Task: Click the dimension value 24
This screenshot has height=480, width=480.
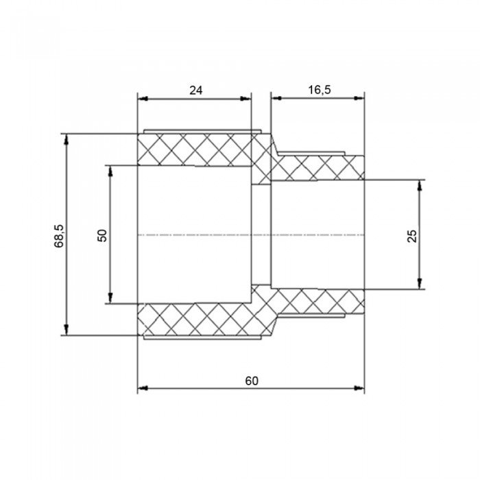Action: click(x=196, y=91)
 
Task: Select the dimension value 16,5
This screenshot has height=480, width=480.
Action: click(x=320, y=90)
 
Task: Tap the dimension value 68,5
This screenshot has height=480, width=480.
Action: click(x=59, y=235)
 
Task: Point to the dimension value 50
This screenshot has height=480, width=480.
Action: click(x=102, y=235)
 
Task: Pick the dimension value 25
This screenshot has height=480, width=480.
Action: click(x=412, y=236)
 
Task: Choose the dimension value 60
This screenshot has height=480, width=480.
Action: click(x=252, y=381)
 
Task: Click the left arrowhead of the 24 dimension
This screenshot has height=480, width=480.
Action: click(x=143, y=99)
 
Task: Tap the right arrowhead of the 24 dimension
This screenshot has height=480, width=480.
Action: click(x=245, y=99)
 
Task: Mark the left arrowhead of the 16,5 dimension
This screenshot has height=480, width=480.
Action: click(x=277, y=98)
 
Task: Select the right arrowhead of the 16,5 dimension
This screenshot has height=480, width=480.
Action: click(x=359, y=98)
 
